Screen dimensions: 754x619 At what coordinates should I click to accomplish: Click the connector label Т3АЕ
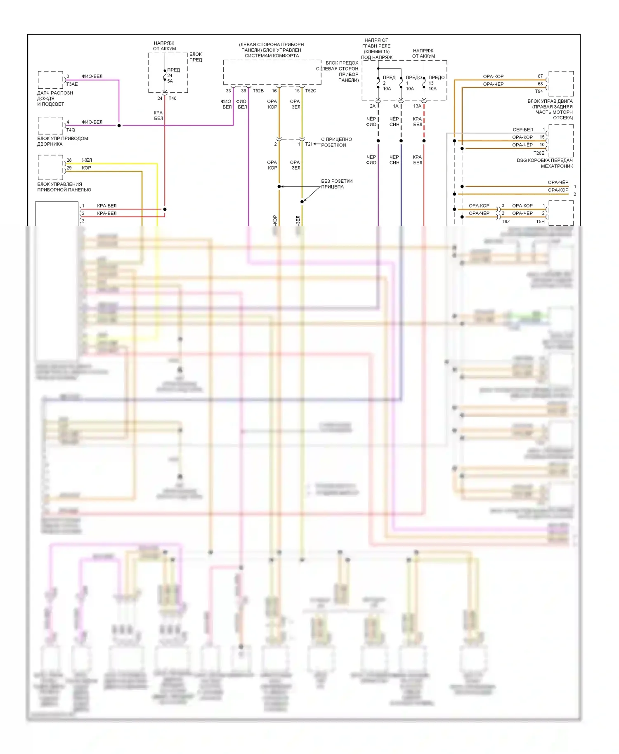72,84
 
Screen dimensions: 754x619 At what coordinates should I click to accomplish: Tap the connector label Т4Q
71,130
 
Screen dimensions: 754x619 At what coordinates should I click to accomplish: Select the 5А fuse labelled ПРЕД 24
165,76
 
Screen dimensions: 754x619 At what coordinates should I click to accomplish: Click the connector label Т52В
258,91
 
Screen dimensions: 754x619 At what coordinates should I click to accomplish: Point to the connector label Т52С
310,91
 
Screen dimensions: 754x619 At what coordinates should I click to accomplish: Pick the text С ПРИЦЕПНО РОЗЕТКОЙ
336,142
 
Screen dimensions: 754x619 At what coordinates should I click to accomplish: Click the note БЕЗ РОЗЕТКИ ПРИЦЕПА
336,184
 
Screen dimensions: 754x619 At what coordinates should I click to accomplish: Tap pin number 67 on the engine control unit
540,76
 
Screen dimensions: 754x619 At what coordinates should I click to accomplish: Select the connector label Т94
539,92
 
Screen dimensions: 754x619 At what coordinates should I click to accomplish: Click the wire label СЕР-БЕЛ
522,130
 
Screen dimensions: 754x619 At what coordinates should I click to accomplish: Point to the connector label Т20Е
539,153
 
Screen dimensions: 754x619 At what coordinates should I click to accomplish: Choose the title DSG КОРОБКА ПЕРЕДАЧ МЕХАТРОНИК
544,163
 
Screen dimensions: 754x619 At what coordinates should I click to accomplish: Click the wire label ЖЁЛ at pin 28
87,160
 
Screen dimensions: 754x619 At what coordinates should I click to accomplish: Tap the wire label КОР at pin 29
86,168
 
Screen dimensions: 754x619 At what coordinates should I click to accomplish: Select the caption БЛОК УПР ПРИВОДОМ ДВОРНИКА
62,141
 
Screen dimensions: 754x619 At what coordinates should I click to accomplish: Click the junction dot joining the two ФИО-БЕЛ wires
119,125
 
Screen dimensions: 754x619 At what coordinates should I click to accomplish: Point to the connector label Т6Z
506,221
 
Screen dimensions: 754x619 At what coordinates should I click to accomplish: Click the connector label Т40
172,99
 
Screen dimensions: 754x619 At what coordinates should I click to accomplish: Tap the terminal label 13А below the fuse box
417,106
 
